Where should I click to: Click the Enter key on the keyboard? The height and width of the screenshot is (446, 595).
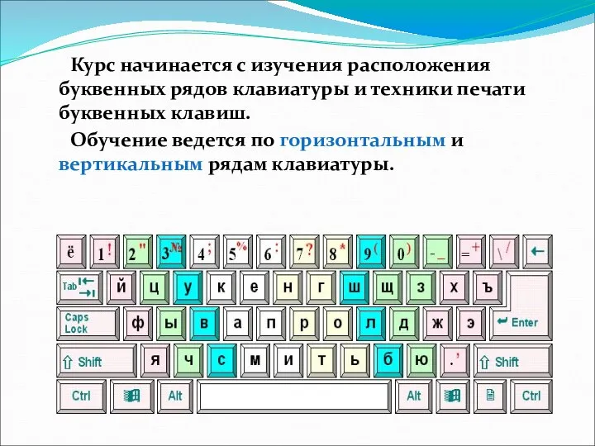coord(521,323)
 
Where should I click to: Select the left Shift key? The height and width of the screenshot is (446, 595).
coord(94,361)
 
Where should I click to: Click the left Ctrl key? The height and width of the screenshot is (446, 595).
coord(81,396)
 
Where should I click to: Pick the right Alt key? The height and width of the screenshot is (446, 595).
coord(413,396)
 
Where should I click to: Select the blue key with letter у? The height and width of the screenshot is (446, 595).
coord(188,287)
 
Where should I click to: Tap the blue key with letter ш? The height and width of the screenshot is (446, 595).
coord(355,287)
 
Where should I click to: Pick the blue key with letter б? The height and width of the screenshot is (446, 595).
coord(388,360)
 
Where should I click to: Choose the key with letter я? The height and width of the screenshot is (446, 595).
coord(155,360)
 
